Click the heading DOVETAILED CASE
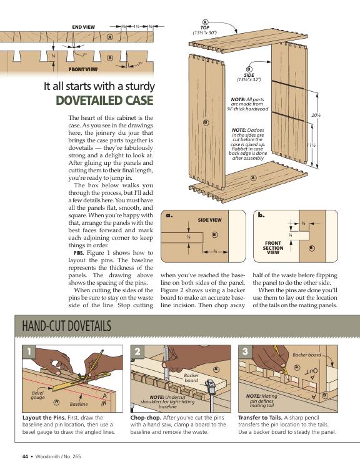coord(104,101)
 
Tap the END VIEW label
coord(84,27)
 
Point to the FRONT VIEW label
coord(83,69)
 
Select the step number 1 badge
coord(29,352)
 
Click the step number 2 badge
coord(137,352)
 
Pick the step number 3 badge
coord(245,352)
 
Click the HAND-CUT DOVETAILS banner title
coord(67,326)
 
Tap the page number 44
coord(25,456)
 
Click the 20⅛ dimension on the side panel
coord(316,115)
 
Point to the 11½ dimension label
coord(311,145)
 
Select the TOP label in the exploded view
coord(205,27)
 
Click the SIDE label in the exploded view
coord(249,75)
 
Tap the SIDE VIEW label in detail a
coord(209,220)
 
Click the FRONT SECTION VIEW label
coord(273,248)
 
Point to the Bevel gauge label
coord(37,395)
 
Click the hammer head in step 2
coord(209,384)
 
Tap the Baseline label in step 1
coord(79,404)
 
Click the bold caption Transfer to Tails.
coord(260,418)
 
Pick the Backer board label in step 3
coord(307,355)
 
